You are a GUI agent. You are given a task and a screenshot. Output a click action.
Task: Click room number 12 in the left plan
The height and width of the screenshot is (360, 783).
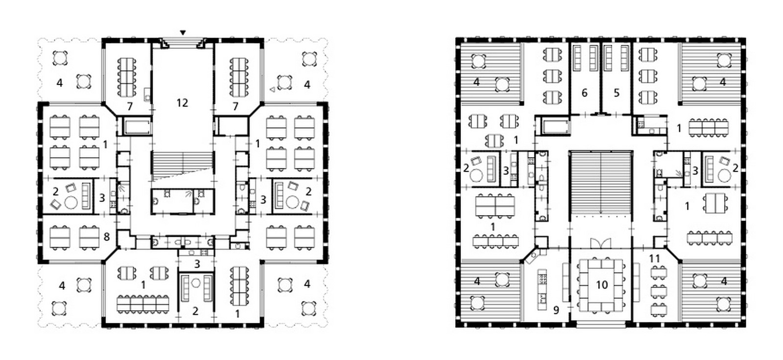182,103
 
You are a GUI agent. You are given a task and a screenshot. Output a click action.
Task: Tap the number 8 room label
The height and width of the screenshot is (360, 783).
107,237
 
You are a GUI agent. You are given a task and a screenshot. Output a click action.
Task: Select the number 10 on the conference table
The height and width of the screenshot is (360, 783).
601,285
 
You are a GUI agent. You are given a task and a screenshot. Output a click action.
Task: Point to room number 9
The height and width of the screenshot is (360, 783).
556,310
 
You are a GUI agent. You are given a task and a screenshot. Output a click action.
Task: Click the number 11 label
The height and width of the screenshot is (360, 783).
654,259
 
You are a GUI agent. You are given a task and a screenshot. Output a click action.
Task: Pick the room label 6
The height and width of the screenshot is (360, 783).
584,93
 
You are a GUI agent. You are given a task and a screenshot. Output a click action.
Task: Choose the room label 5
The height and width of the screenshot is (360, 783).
616,93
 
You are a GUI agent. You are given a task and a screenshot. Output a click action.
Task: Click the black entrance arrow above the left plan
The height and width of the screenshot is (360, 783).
183,33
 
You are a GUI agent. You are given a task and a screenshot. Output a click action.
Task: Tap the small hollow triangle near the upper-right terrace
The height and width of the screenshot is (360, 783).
272,90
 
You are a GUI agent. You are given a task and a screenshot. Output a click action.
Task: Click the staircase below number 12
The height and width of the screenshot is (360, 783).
183,166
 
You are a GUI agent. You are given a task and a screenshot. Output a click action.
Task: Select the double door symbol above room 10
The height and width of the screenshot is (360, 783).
601,244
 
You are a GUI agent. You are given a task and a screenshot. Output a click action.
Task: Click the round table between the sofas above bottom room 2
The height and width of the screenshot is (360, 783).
196,283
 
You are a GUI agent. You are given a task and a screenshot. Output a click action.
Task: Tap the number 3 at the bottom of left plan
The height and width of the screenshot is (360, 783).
197,264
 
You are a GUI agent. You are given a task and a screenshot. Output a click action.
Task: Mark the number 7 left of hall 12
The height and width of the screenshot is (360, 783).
130,106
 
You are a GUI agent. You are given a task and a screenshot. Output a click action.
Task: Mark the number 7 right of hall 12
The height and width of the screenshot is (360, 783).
235,106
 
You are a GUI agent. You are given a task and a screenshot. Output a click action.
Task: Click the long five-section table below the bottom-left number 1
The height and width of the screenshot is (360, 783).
143,304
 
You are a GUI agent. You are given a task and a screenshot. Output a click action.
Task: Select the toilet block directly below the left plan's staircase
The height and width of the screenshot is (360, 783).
183,202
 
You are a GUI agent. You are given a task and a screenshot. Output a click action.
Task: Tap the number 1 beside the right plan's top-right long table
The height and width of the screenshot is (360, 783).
679,129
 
